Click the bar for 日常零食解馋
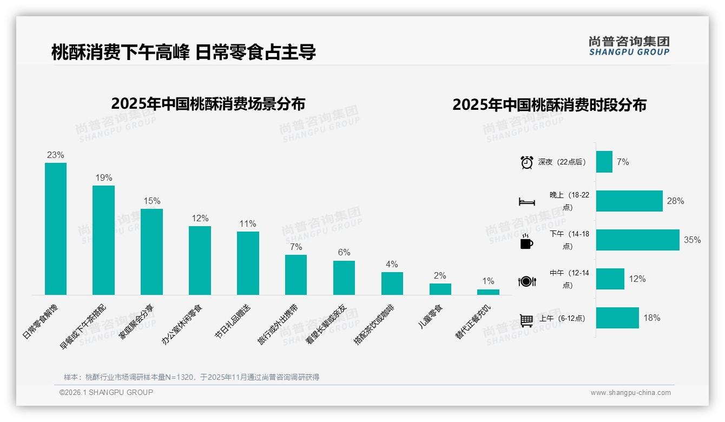click(x=56, y=229)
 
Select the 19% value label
click(x=104, y=177)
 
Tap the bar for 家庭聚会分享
click(x=152, y=252)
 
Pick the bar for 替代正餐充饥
click(x=488, y=292)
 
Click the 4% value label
click(x=392, y=264)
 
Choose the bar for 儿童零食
click(x=440, y=289)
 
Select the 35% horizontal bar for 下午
click(x=637, y=240)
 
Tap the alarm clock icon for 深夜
click(x=527, y=162)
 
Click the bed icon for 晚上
click(x=527, y=201)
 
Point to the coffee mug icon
click(x=526, y=241)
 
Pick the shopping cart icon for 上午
click(x=526, y=320)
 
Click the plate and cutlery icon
click(x=527, y=281)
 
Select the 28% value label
click(x=675, y=201)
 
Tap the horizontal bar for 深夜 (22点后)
click(x=604, y=162)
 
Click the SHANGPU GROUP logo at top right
click(x=629, y=45)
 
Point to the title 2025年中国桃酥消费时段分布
click(x=549, y=104)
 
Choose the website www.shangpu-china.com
click(x=630, y=393)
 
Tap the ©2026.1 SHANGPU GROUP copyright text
click(x=106, y=392)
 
